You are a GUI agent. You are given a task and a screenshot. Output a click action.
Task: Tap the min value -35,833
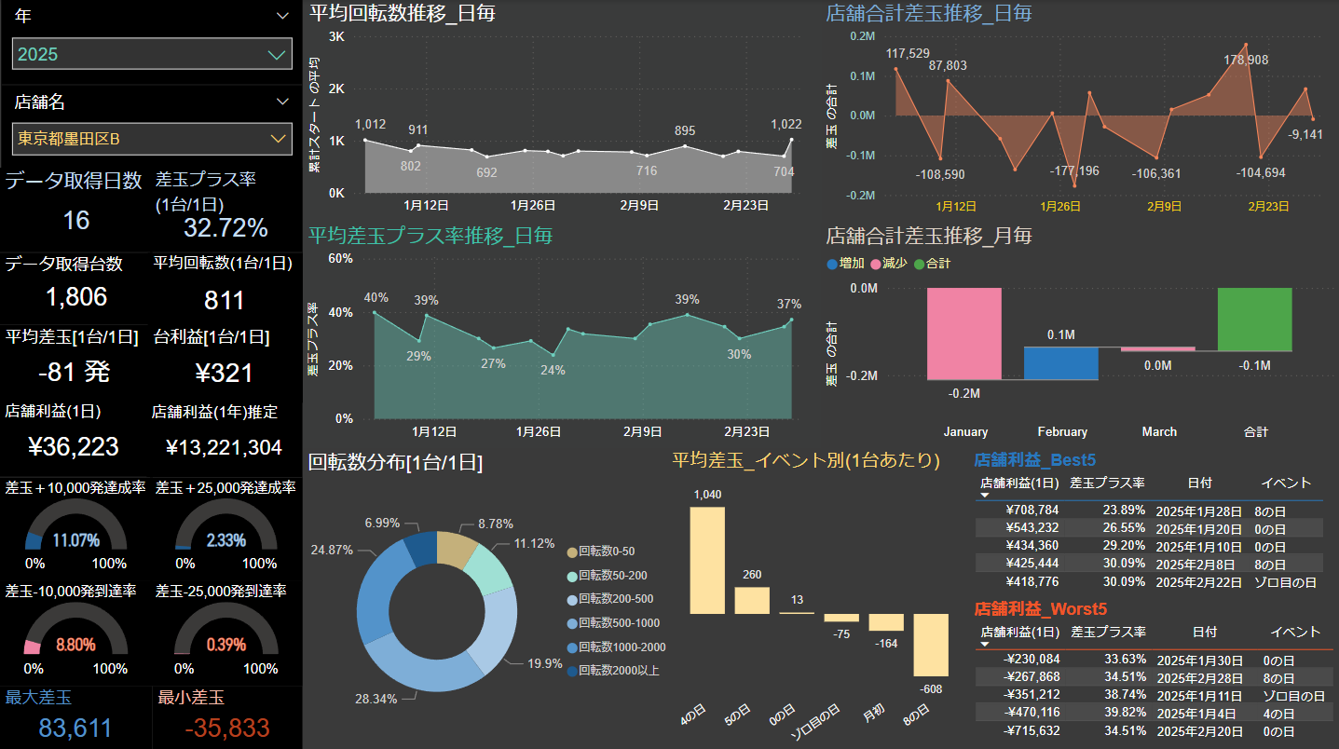point(227,729)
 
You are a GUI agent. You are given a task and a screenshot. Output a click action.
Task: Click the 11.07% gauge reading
point(76,540)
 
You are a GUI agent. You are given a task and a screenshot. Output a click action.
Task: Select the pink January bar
point(964,334)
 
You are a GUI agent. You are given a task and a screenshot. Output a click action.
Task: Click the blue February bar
point(1061,363)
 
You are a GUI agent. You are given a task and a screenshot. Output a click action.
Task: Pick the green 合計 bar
point(1254,319)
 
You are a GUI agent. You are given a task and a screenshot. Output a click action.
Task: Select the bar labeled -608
point(931,645)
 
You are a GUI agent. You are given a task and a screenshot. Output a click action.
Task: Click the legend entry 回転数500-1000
point(619,623)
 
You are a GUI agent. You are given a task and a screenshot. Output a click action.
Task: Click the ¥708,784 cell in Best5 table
point(1032,511)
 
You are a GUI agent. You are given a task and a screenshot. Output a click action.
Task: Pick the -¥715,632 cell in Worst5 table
point(1032,730)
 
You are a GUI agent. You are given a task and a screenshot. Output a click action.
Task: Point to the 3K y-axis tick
point(336,36)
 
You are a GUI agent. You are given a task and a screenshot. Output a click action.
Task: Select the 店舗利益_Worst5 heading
point(1040,609)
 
